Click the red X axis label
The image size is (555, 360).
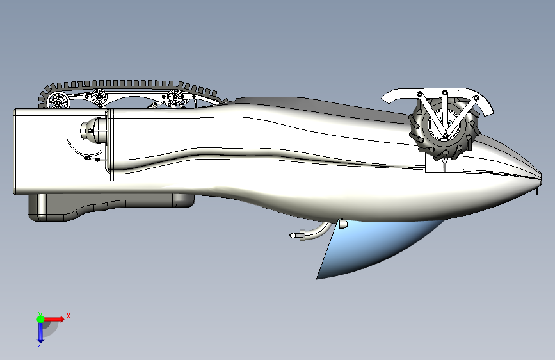(x=68, y=316)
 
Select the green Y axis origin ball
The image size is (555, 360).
(x=41, y=319)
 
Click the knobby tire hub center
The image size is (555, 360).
(x=442, y=125)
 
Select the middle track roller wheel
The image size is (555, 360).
(x=99, y=96)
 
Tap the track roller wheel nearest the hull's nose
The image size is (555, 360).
(x=175, y=96)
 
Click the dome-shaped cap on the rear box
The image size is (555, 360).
(x=93, y=131)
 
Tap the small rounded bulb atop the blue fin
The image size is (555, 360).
(x=343, y=224)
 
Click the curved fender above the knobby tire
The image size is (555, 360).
(x=438, y=96)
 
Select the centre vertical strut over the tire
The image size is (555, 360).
(x=444, y=113)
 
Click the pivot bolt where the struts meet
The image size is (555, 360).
(x=446, y=136)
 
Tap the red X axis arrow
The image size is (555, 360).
(x=54, y=319)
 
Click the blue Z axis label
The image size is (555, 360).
(x=40, y=344)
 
